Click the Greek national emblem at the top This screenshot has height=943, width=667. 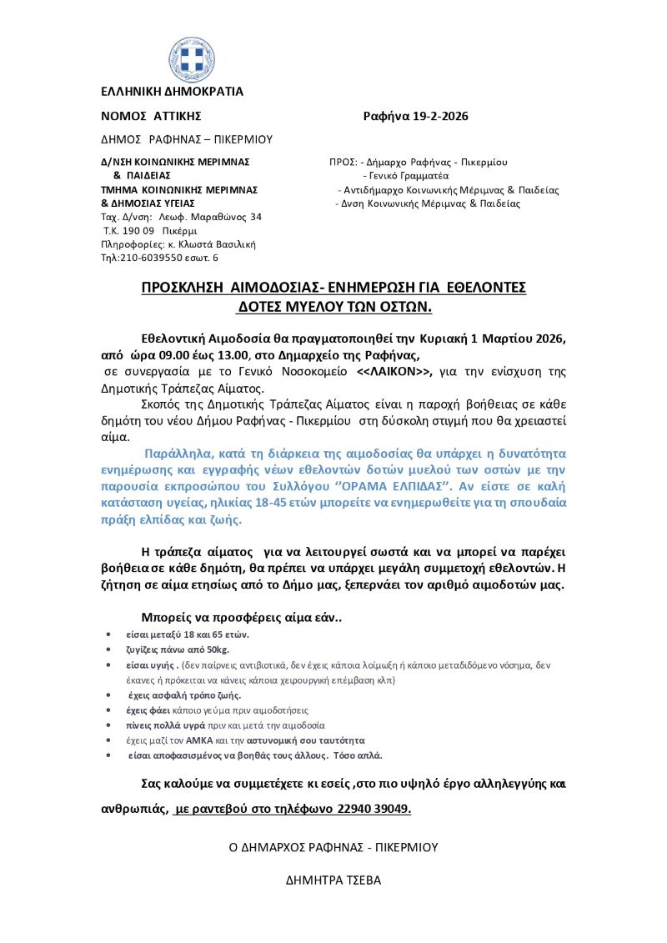[191, 58]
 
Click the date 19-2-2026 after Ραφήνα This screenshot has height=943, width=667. [439, 116]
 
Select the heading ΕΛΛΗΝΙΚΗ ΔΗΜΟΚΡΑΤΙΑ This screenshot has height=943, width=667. [172, 92]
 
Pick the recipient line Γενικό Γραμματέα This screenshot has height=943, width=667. [406, 176]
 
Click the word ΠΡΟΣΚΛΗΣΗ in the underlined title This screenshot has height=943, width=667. [186, 288]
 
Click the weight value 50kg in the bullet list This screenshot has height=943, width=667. [213, 649]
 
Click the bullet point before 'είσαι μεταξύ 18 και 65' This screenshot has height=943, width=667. [110, 635]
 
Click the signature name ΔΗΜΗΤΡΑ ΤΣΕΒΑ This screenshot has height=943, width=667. [333, 880]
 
